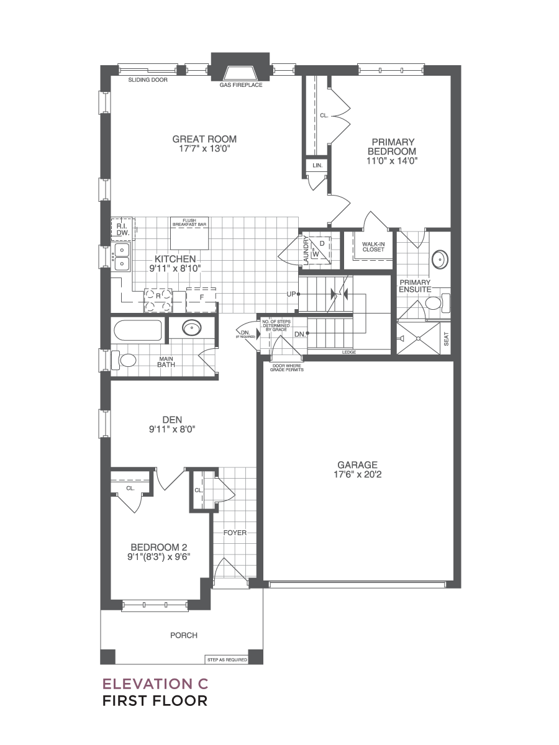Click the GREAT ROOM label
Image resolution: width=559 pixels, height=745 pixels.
pos(204,139)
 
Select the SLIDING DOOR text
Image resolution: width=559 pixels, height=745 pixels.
pos(148,80)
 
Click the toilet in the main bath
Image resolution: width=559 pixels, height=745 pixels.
pos(124,361)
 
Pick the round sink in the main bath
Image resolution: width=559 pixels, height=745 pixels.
pos(192,328)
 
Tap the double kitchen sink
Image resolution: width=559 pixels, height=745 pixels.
pos(121,257)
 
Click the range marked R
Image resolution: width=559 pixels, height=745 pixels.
pos(158,300)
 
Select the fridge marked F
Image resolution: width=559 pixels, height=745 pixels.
pos(201,300)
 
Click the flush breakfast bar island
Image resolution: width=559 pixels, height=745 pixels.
pos(189,233)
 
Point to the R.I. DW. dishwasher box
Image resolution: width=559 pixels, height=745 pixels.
pos(123,230)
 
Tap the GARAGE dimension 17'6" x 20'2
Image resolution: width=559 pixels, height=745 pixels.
pos(357,474)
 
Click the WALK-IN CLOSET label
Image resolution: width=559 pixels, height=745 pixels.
pos(373,246)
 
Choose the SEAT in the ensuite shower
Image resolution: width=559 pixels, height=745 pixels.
pos(446,339)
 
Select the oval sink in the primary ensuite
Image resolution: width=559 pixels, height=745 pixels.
pos(440,260)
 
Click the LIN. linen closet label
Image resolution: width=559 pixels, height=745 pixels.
pos(317,166)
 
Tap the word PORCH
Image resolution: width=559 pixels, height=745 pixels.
pos(184,635)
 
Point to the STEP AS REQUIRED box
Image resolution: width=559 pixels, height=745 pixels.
pos(227,660)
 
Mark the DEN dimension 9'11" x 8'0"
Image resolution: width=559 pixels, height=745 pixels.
pos(172,430)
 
